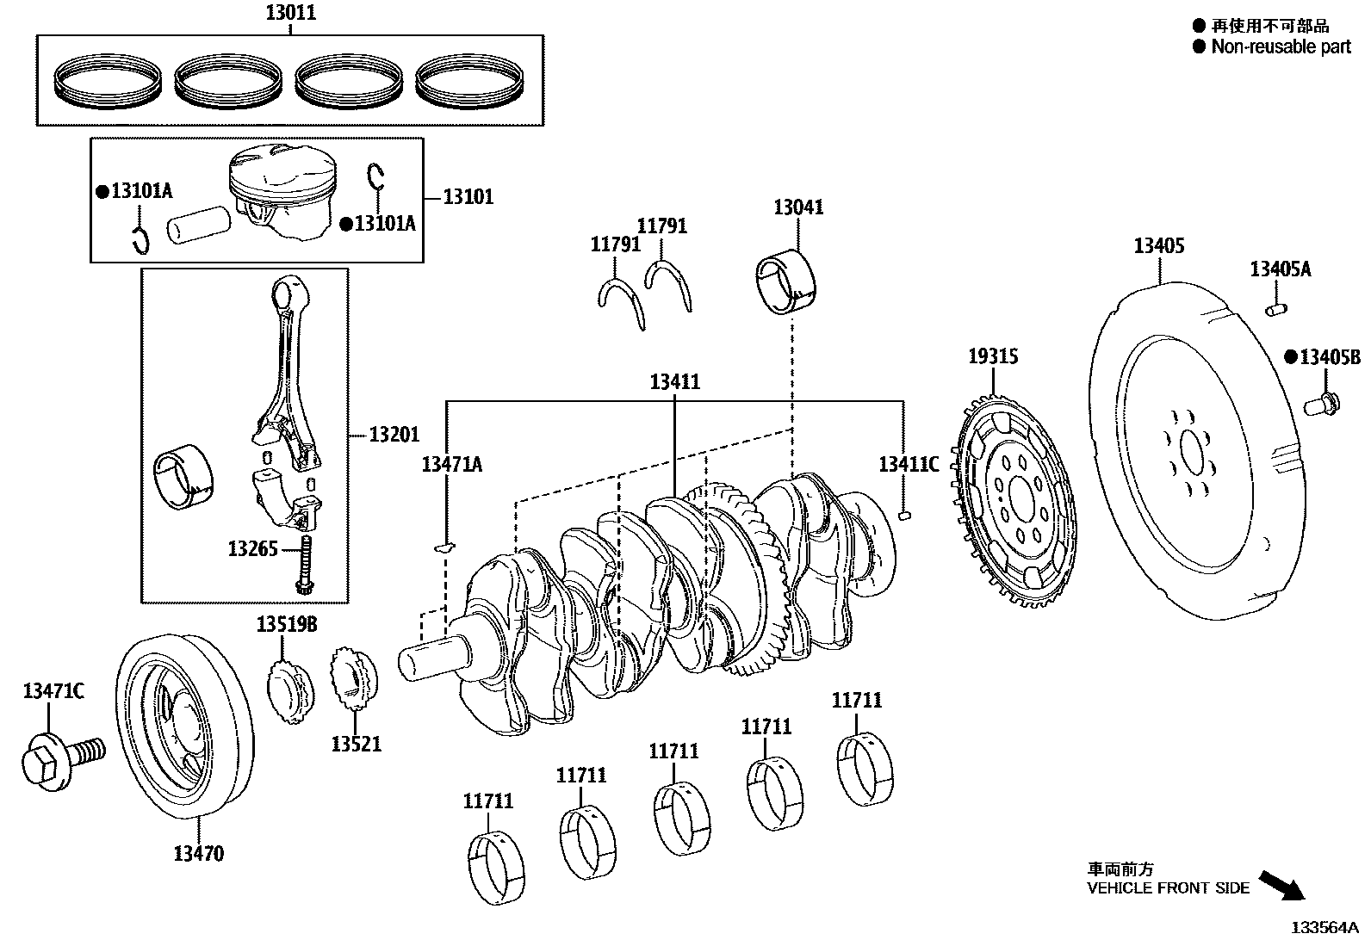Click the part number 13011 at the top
point(290,13)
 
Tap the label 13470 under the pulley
point(198,854)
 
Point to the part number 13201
point(394,435)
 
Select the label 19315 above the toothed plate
point(992,356)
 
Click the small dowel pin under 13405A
point(1275,307)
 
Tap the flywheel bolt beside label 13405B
point(1320,402)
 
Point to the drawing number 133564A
point(1323,928)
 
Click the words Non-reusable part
point(1281,46)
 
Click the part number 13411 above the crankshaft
point(674,382)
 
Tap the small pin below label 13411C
point(903,516)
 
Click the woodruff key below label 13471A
point(444,546)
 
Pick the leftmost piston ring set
point(109,80)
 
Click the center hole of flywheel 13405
point(1192,452)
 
